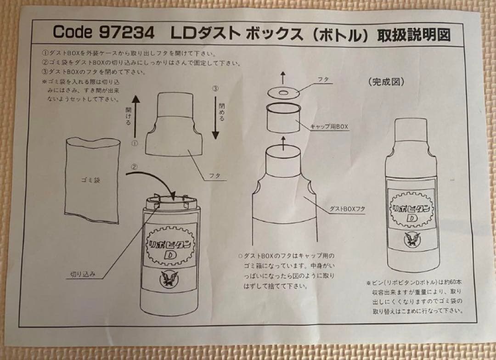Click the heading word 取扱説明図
pos(413,35)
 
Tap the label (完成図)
pos(385,83)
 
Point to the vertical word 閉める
pos(222,110)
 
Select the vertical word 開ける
pos(128,117)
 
